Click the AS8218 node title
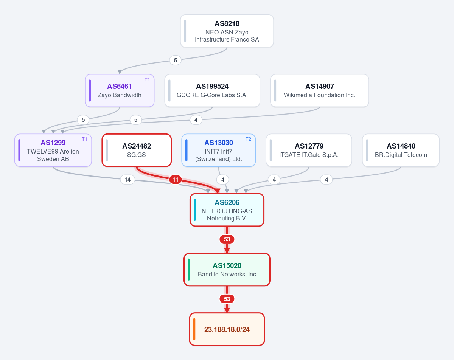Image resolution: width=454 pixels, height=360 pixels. click(227, 23)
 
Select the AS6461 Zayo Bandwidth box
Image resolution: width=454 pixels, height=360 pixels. click(120, 90)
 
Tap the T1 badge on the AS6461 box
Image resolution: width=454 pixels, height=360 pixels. click(147, 80)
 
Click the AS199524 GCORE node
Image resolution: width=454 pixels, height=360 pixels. click(212, 90)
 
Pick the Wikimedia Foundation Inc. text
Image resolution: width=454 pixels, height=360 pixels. click(319, 95)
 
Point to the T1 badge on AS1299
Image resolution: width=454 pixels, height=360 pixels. click(84, 139)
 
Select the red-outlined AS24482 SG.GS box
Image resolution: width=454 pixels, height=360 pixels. click(137, 150)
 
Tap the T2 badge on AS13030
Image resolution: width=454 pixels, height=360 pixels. click(248, 139)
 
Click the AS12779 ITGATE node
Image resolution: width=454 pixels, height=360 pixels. click(309, 150)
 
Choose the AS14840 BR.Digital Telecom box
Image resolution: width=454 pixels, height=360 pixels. click(401, 150)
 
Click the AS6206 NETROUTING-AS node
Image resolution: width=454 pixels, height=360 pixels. click(227, 210)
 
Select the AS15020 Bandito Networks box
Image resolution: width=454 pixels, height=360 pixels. click(227, 270)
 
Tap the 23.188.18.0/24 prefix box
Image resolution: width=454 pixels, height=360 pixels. click(227, 329)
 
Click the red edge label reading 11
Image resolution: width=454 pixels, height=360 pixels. click(175, 180)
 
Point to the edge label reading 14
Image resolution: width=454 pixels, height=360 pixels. click(127, 180)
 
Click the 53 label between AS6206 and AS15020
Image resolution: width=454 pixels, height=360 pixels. click(227, 239)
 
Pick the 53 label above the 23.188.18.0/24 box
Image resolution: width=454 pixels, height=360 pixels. click(227, 299)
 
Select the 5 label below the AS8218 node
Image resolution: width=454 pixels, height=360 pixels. click(175, 61)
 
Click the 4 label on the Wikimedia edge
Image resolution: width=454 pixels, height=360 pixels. click(196, 120)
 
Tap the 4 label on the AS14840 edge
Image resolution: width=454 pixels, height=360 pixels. click(327, 180)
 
